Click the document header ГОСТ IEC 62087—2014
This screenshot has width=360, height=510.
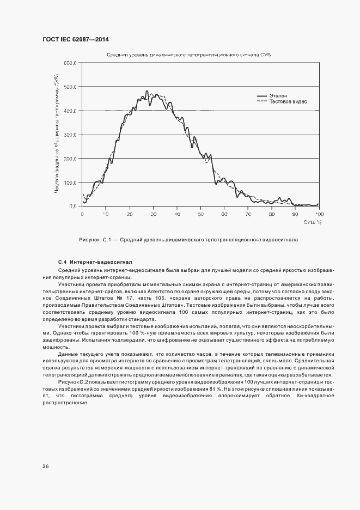click(x=79, y=40)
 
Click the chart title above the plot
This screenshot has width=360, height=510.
click(x=189, y=55)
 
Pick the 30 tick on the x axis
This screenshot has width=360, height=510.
click(x=153, y=214)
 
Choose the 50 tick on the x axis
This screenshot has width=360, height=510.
click(x=200, y=214)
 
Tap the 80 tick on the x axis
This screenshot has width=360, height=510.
click(x=271, y=214)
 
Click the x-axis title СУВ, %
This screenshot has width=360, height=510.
click(x=312, y=222)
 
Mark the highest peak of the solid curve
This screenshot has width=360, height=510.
click(x=147, y=91)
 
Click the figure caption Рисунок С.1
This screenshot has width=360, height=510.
click(x=188, y=239)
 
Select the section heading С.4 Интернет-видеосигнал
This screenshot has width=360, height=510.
click(x=95, y=262)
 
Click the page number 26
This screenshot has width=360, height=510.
click(x=45, y=466)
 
